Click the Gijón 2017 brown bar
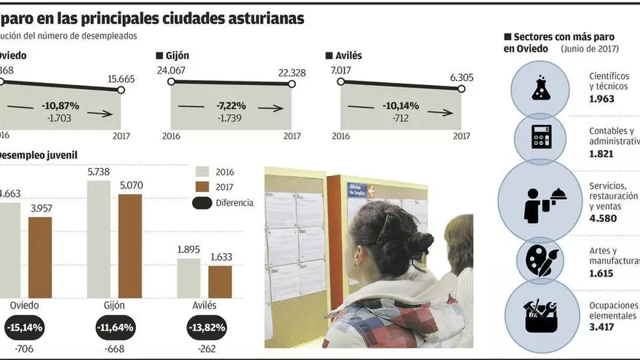(130, 246)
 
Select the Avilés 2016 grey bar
(188, 278)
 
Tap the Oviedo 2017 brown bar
(40, 257)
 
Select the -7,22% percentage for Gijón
(231, 105)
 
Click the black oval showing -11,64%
(114, 327)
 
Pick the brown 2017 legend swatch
(203, 187)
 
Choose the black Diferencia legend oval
(203, 203)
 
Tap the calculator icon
(541, 136)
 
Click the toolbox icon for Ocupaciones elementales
(540, 315)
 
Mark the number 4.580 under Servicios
(603, 217)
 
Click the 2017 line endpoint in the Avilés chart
(461, 89)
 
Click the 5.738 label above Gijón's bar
(100, 170)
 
